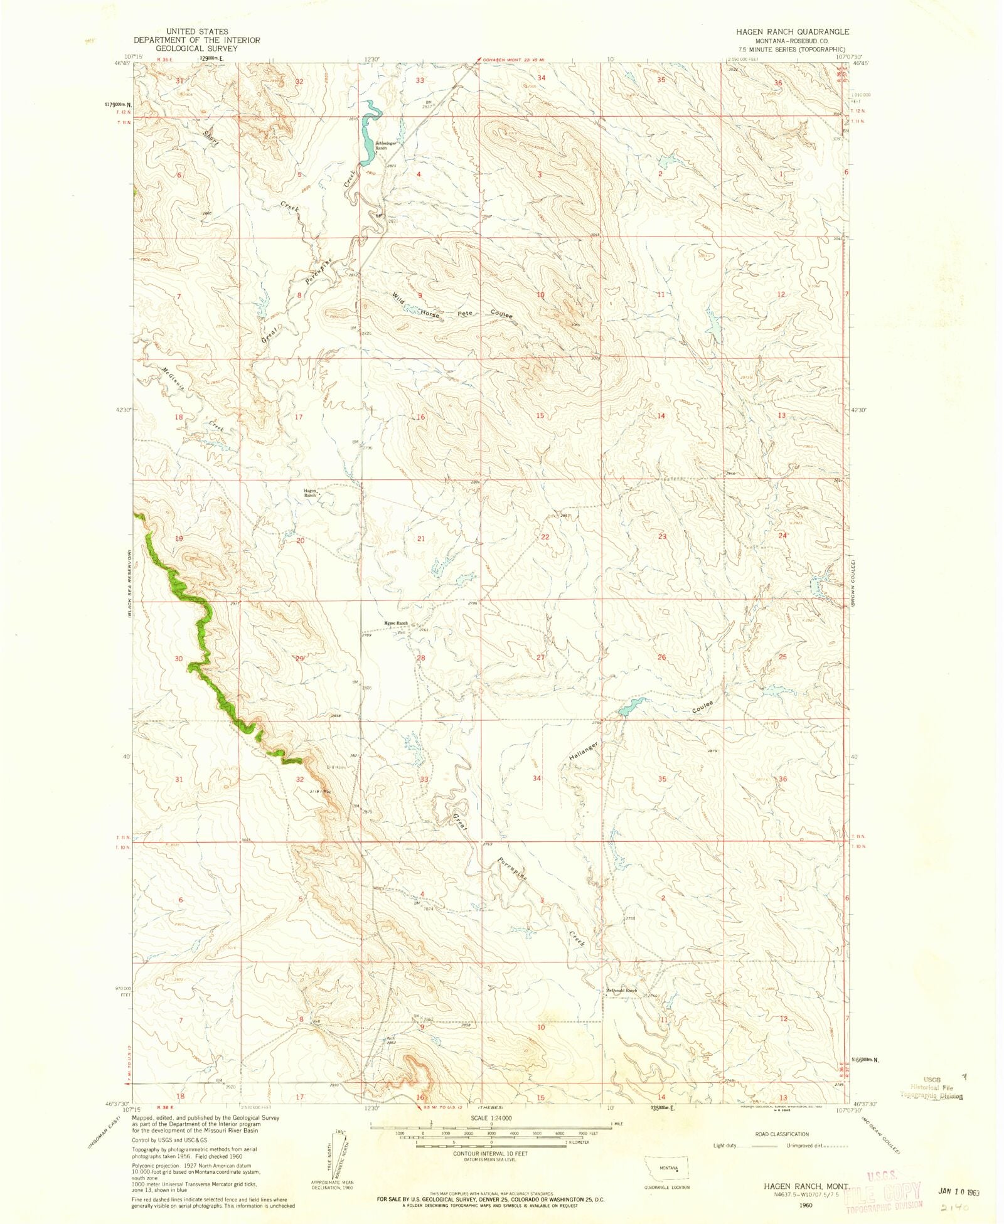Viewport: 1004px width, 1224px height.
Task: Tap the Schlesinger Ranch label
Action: coord(385,145)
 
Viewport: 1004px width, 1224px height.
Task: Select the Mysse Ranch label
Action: coord(396,623)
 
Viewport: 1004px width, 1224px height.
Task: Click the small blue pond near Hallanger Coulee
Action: coord(631,707)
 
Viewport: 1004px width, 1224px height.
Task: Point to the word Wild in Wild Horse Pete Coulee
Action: coord(398,298)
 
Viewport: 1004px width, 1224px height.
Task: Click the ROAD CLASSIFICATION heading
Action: coord(782,1134)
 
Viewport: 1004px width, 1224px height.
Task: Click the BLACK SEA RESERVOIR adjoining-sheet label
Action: coord(129,590)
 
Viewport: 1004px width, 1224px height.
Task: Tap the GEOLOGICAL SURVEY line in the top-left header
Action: coord(197,48)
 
